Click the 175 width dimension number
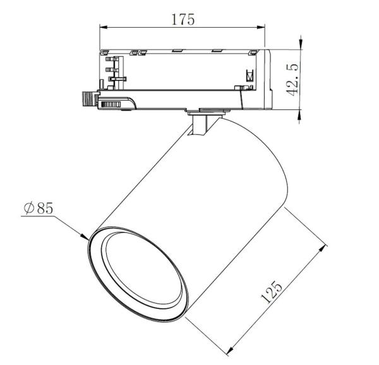pyautogui.click(x=183, y=18)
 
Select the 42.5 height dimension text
pyautogui.click(x=292, y=80)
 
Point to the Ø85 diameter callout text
pyautogui.click(x=38, y=209)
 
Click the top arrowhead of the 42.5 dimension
pyautogui.click(x=298, y=51)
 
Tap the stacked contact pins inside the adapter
pyautogui.click(x=114, y=70)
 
